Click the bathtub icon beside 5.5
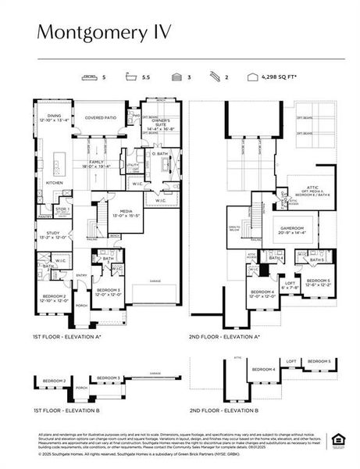click(x=126, y=77)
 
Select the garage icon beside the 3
click(x=171, y=77)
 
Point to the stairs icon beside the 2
click(x=211, y=77)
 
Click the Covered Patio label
click(x=100, y=117)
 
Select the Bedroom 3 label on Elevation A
click(x=107, y=288)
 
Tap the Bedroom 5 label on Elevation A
click(x=319, y=280)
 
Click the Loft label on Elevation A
click(x=290, y=284)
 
